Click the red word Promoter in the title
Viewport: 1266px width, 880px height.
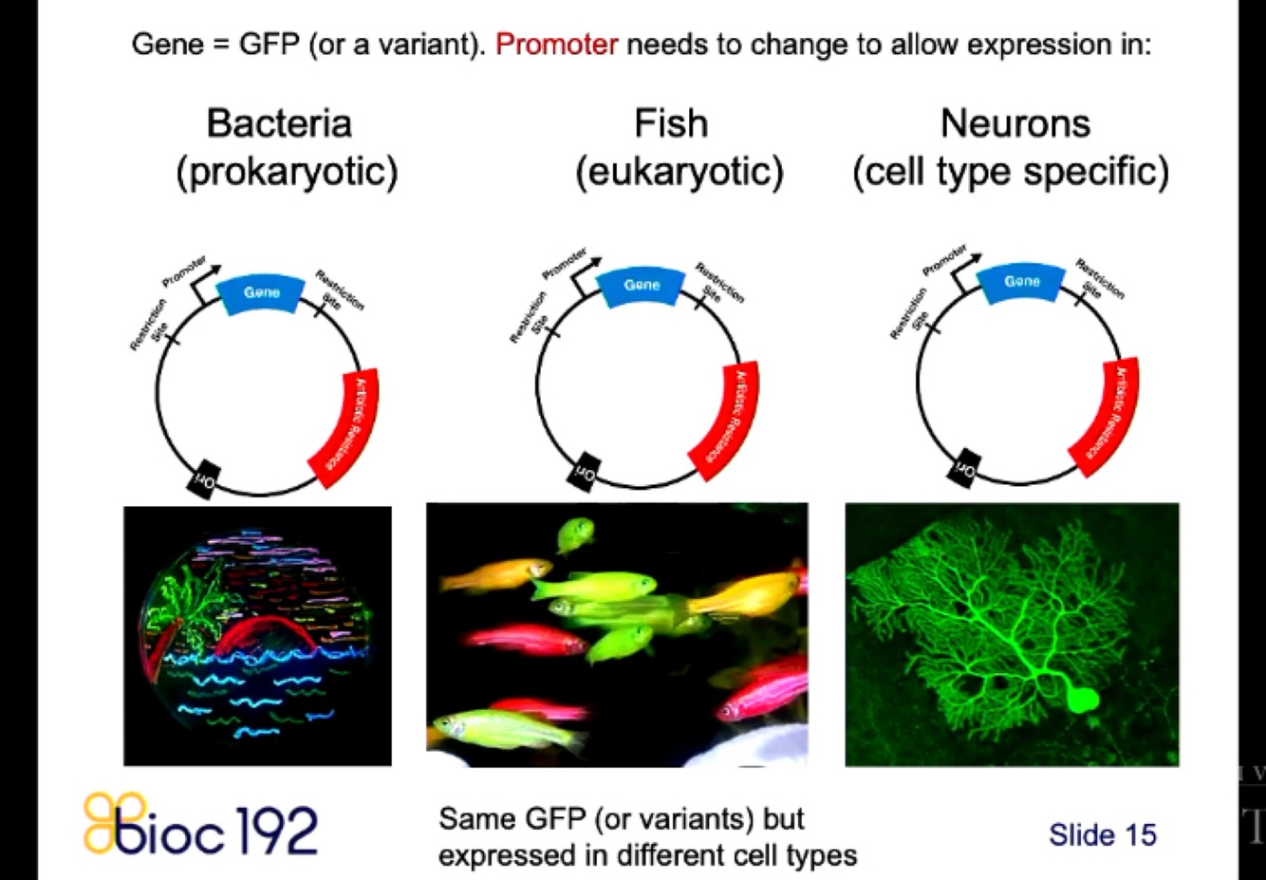(x=556, y=45)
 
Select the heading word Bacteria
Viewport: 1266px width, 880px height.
(x=279, y=123)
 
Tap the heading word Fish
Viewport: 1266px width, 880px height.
(x=671, y=123)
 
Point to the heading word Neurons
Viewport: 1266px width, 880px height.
(x=1015, y=123)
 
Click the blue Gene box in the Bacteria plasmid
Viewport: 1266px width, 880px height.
(x=262, y=292)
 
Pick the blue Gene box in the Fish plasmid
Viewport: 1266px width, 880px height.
(x=642, y=285)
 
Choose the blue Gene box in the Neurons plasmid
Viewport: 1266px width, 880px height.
(x=1021, y=282)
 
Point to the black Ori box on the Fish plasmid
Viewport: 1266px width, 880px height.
(x=583, y=470)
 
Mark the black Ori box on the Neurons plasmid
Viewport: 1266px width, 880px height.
(x=964, y=466)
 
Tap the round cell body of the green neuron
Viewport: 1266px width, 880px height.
(x=1082, y=700)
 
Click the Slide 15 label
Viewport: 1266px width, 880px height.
(x=1102, y=834)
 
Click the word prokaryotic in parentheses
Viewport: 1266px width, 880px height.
(x=287, y=172)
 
